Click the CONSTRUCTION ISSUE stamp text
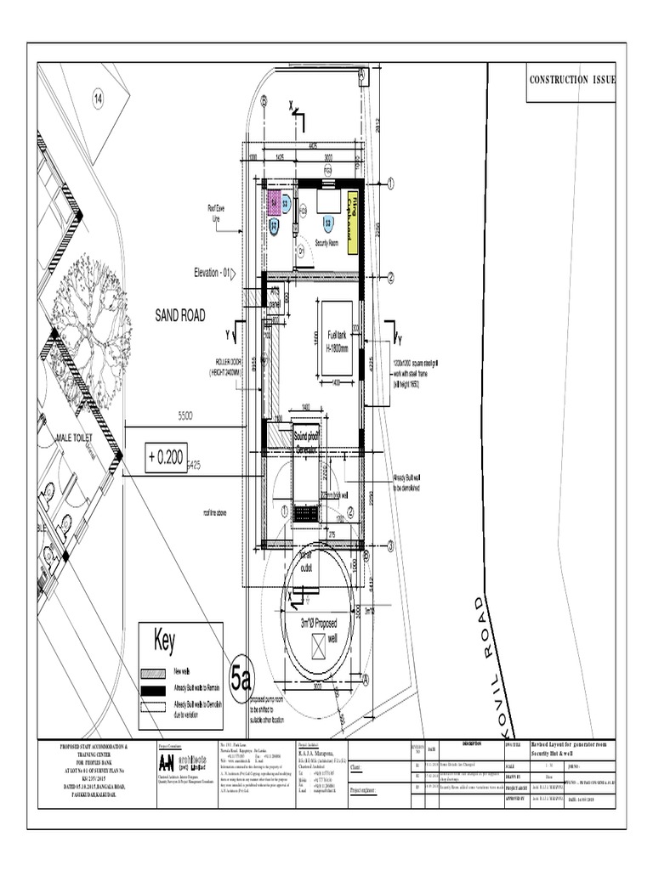pos(572,80)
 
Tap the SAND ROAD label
pos(179,315)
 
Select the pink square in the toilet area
pos(275,201)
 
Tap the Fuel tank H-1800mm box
pos(335,337)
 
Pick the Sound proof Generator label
pos(305,442)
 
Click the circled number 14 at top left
pos(98,99)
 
